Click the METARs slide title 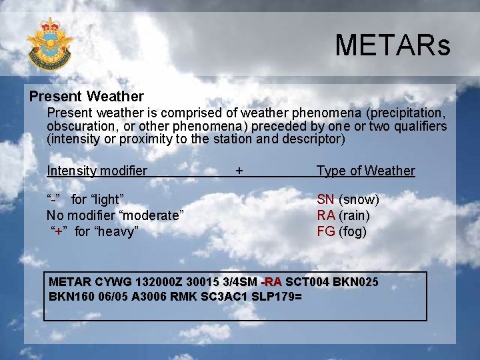(393, 45)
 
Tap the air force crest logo (49, 43)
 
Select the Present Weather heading (86, 97)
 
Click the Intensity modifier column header (97, 171)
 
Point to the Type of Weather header (365, 171)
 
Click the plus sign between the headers (239, 171)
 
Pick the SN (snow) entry (347, 199)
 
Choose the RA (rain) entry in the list (343, 215)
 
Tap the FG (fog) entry (341, 231)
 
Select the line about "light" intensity (87, 199)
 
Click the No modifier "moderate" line (115, 215)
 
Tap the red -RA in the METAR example (271, 281)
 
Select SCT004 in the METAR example (307, 281)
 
